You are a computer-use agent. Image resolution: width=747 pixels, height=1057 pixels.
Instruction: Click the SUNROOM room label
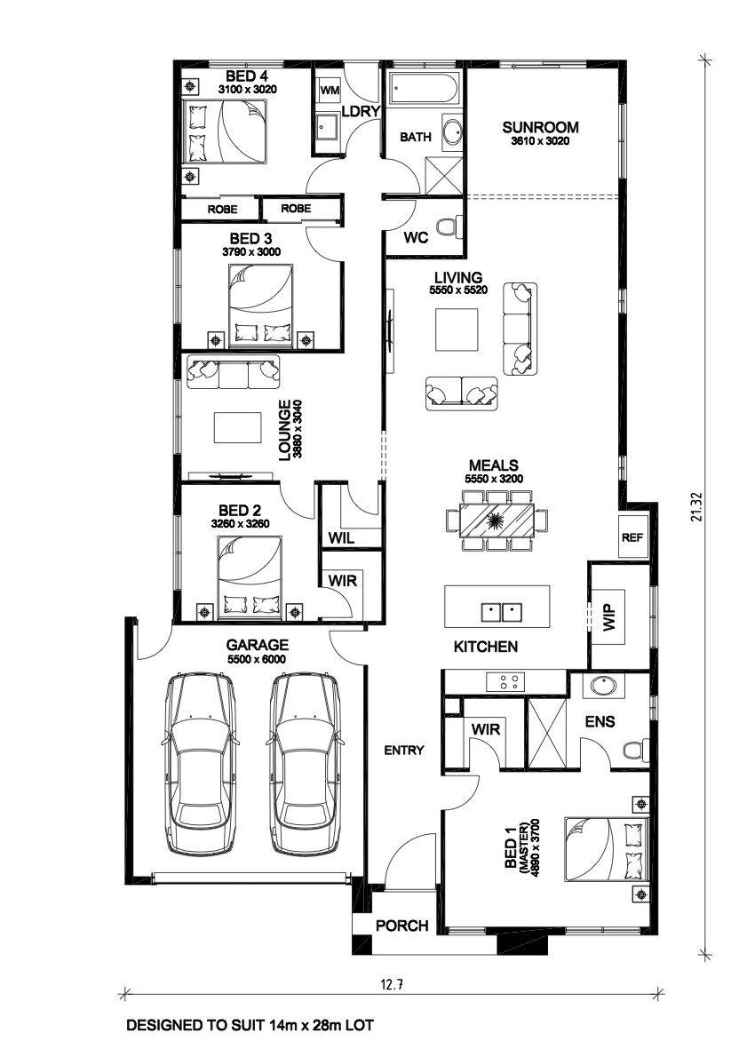pyautogui.click(x=540, y=127)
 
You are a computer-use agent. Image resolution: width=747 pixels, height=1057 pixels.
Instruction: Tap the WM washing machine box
pyautogui.click(x=329, y=90)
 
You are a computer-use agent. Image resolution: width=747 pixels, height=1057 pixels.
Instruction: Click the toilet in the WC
pyautogui.click(x=449, y=226)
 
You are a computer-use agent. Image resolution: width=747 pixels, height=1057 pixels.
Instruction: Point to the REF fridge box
pyautogui.click(x=632, y=537)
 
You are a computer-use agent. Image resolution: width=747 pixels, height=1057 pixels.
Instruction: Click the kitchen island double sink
pyautogui.click(x=502, y=612)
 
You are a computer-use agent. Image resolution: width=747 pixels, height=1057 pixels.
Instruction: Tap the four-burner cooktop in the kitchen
pyautogui.click(x=505, y=681)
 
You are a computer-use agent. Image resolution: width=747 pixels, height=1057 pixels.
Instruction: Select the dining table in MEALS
pyautogui.click(x=497, y=520)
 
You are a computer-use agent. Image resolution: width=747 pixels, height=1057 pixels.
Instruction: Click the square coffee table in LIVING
pyautogui.click(x=457, y=329)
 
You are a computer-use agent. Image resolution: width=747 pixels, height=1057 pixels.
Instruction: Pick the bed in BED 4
pyautogui.click(x=228, y=131)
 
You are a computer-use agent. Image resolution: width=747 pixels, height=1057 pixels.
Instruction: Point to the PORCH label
pyautogui.click(x=401, y=926)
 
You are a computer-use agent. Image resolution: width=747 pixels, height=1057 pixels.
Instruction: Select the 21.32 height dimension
pyautogui.click(x=697, y=507)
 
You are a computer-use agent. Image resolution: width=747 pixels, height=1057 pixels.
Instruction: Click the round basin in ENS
pyautogui.click(x=603, y=687)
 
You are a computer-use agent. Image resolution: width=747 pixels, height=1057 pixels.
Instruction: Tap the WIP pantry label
pyautogui.click(x=610, y=617)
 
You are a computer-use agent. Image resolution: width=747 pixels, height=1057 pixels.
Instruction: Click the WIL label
pyautogui.click(x=342, y=538)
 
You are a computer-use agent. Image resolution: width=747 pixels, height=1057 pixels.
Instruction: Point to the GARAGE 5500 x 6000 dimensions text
pyautogui.click(x=256, y=659)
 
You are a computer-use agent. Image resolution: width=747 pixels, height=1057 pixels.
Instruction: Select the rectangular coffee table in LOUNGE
pyautogui.click(x=238, y=426)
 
